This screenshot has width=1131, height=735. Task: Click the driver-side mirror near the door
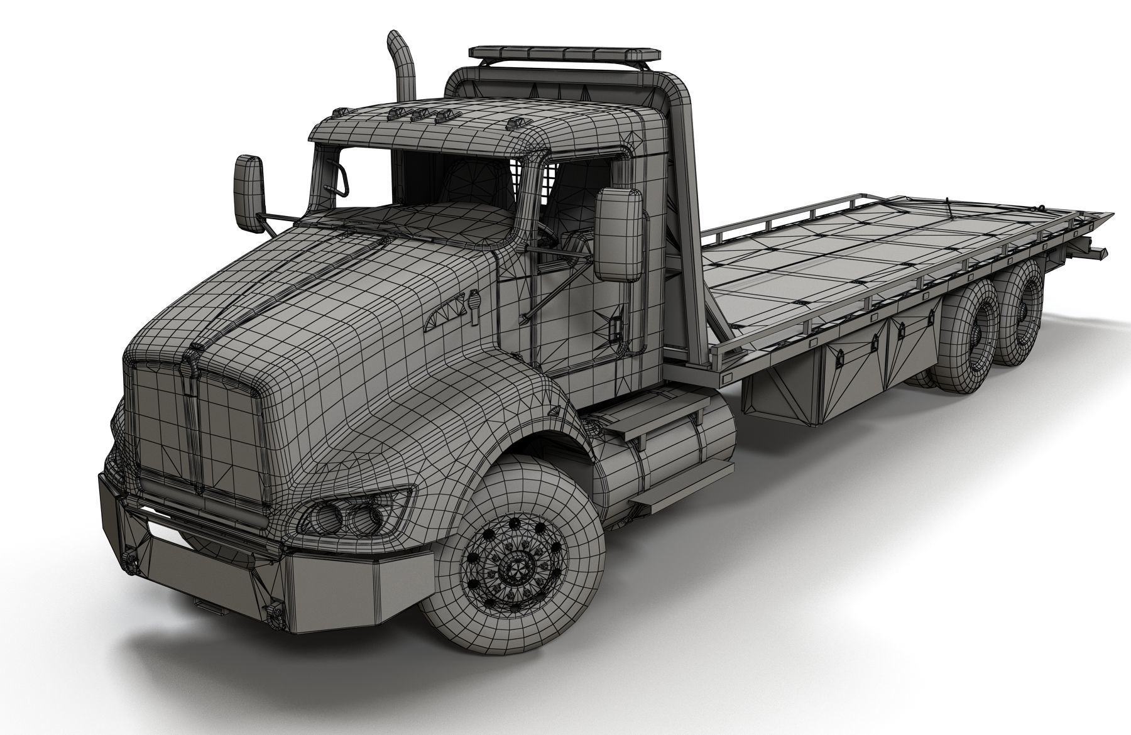point(618,234)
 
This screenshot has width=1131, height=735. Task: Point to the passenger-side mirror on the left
point(249,185)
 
